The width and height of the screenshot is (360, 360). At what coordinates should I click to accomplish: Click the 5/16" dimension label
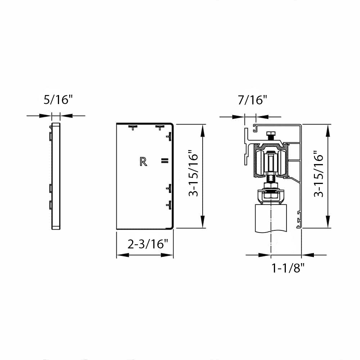(x=58, y=99)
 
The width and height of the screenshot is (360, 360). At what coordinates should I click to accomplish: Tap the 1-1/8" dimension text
(x=288, y=268)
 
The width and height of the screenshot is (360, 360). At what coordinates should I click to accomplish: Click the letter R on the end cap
(x=143, y=162)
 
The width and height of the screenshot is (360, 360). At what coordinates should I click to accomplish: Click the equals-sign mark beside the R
(x=164, y=161)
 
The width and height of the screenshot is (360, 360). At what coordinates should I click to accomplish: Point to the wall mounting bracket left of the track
(x=247, y=146)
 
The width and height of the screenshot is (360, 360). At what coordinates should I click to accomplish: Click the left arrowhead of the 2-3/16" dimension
(x=121, y=255)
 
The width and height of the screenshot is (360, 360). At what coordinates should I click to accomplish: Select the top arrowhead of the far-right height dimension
(x=328, y=130)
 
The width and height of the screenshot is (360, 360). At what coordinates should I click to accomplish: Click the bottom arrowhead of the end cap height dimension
(x=203, y=223)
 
